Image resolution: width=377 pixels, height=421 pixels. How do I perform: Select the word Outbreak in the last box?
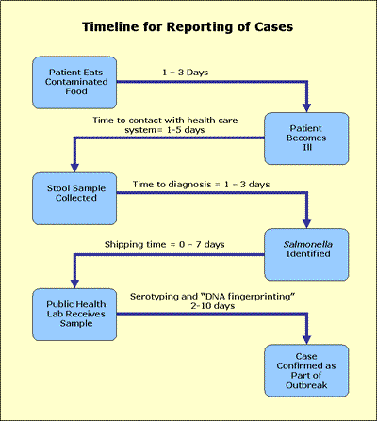point(306,381)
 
